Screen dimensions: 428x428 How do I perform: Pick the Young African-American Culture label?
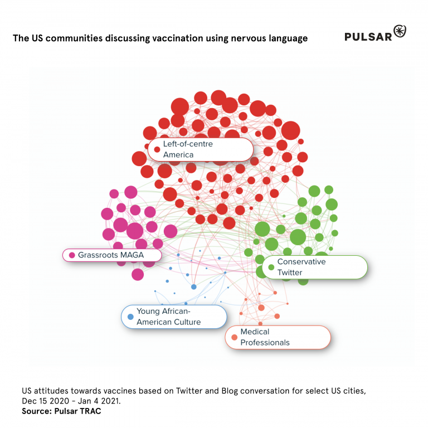pos(174,317)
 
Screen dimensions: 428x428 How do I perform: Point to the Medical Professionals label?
pos(277,337)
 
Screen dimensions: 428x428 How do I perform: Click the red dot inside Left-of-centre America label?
pos(157,149)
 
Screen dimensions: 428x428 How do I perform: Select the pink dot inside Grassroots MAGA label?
pos(72,255)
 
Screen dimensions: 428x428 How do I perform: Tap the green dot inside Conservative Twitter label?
pos(271,267)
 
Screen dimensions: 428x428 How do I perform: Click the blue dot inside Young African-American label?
pos(130,317)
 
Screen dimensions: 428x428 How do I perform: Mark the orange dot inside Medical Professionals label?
pos(234,337)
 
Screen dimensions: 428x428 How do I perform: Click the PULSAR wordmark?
pos(367,37)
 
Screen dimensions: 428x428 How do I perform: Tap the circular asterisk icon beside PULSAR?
pos(400,32)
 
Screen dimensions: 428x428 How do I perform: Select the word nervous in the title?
pos(249,38)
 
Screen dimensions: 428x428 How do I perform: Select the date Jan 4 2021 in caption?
pos(97,401)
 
